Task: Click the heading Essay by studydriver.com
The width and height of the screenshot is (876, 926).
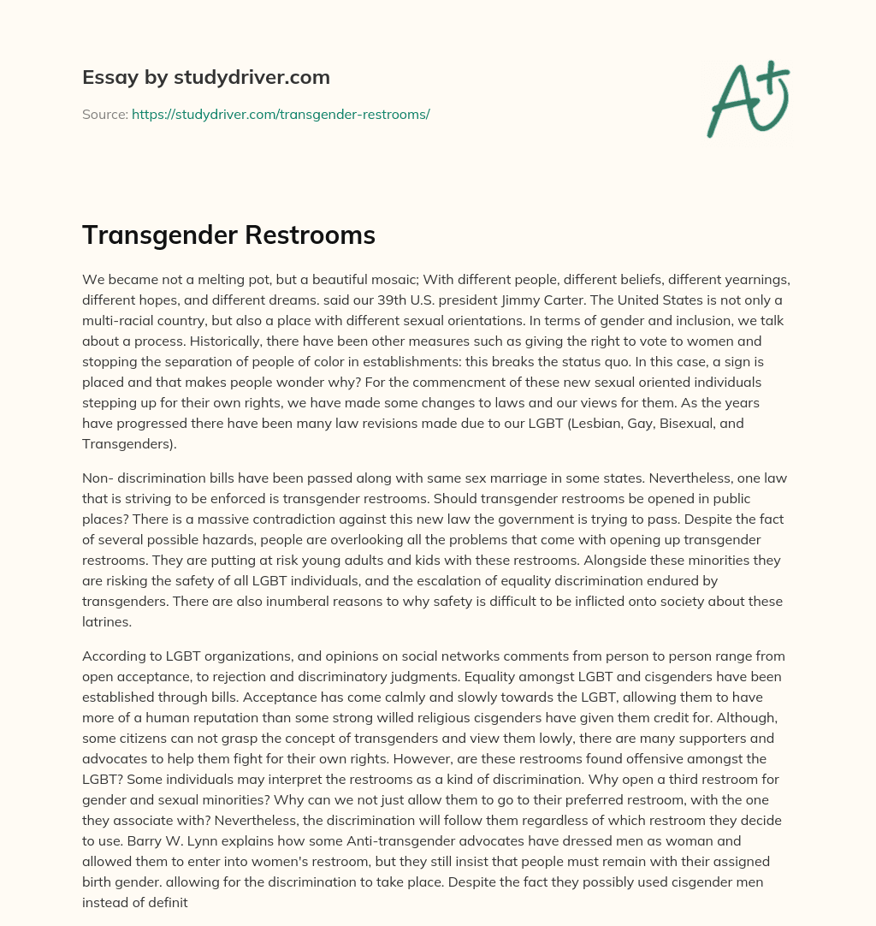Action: click(205, 78)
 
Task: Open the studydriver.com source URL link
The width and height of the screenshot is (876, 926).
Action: click(281, 114)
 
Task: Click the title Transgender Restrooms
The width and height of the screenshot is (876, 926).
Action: click(228, 235)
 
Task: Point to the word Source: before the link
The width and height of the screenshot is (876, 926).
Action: click(104, 114)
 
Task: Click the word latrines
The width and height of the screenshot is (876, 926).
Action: click(106, 620)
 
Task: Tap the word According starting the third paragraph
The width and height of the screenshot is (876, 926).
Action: click(115, 656)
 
